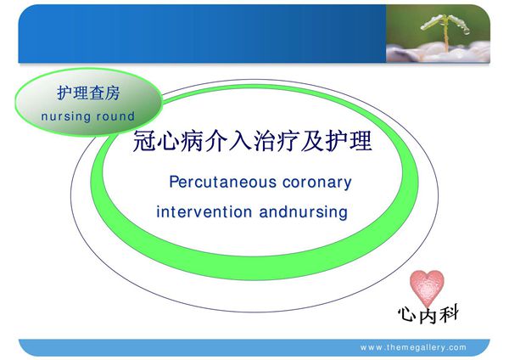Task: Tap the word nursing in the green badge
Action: pos(67,115)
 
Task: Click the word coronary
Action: pos(316,182)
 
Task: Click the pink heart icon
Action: pos(428,286)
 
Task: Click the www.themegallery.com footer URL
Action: pos(413,347)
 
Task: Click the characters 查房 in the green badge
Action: pos(103,94)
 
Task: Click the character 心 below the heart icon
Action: pos(406,315)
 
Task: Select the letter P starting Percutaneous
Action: pos(174,182)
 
